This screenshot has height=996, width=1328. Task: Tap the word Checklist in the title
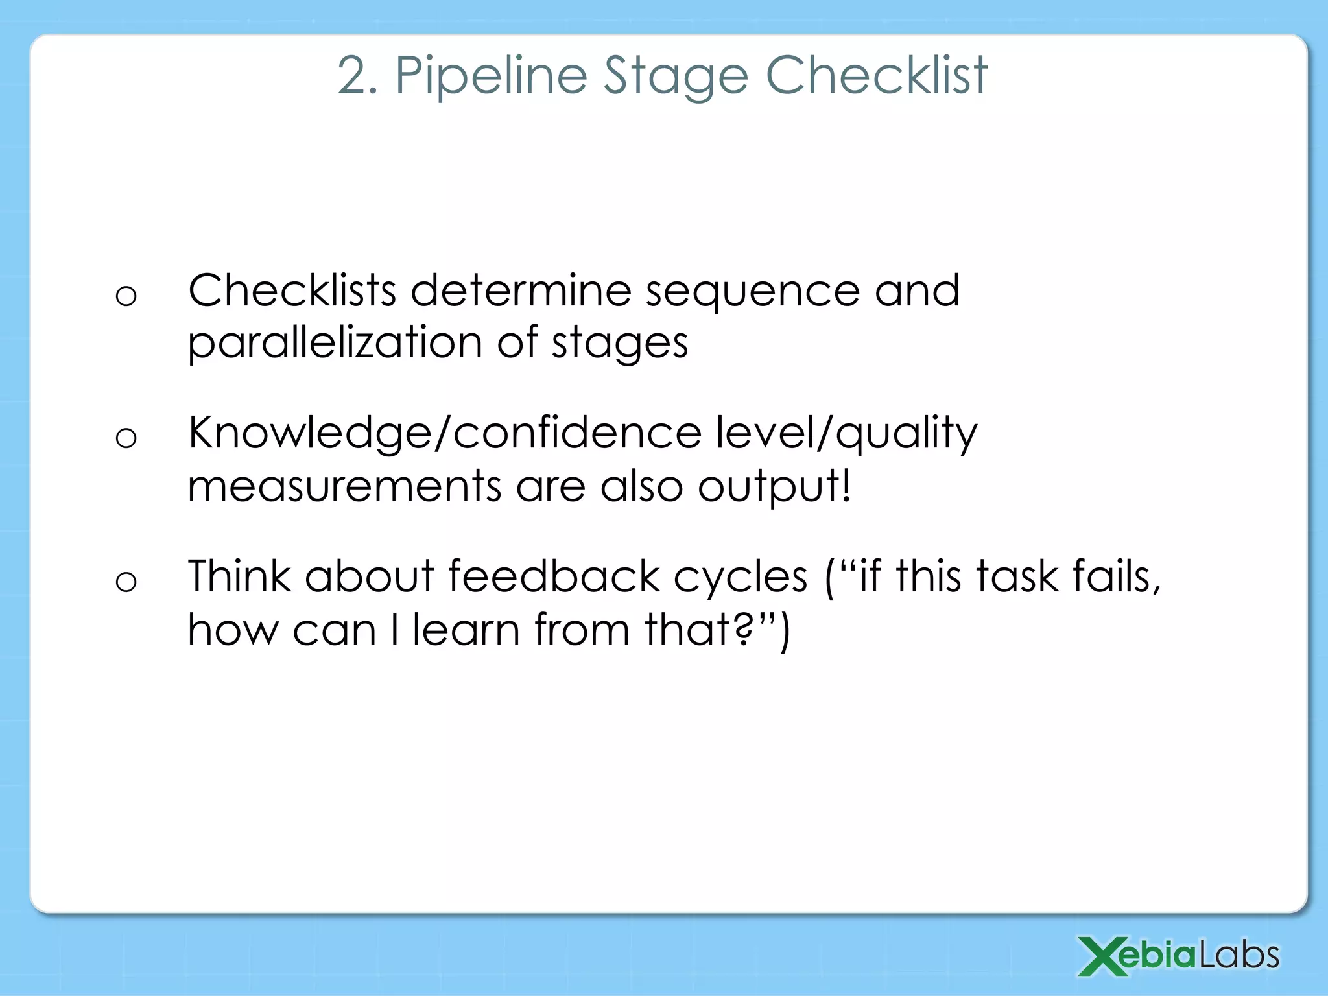coord(877,76)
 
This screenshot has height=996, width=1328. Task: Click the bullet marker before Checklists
coord(126,296)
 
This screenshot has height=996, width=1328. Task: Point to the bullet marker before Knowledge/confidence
coord(126,438)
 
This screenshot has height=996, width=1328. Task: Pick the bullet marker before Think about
coord(126,581)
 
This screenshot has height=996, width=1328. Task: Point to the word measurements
coord(344,486)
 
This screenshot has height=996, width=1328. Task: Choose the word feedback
coord(553,576)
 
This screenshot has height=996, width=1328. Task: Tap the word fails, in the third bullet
coord(1116,576)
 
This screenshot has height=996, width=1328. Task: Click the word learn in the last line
coord(466,630)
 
